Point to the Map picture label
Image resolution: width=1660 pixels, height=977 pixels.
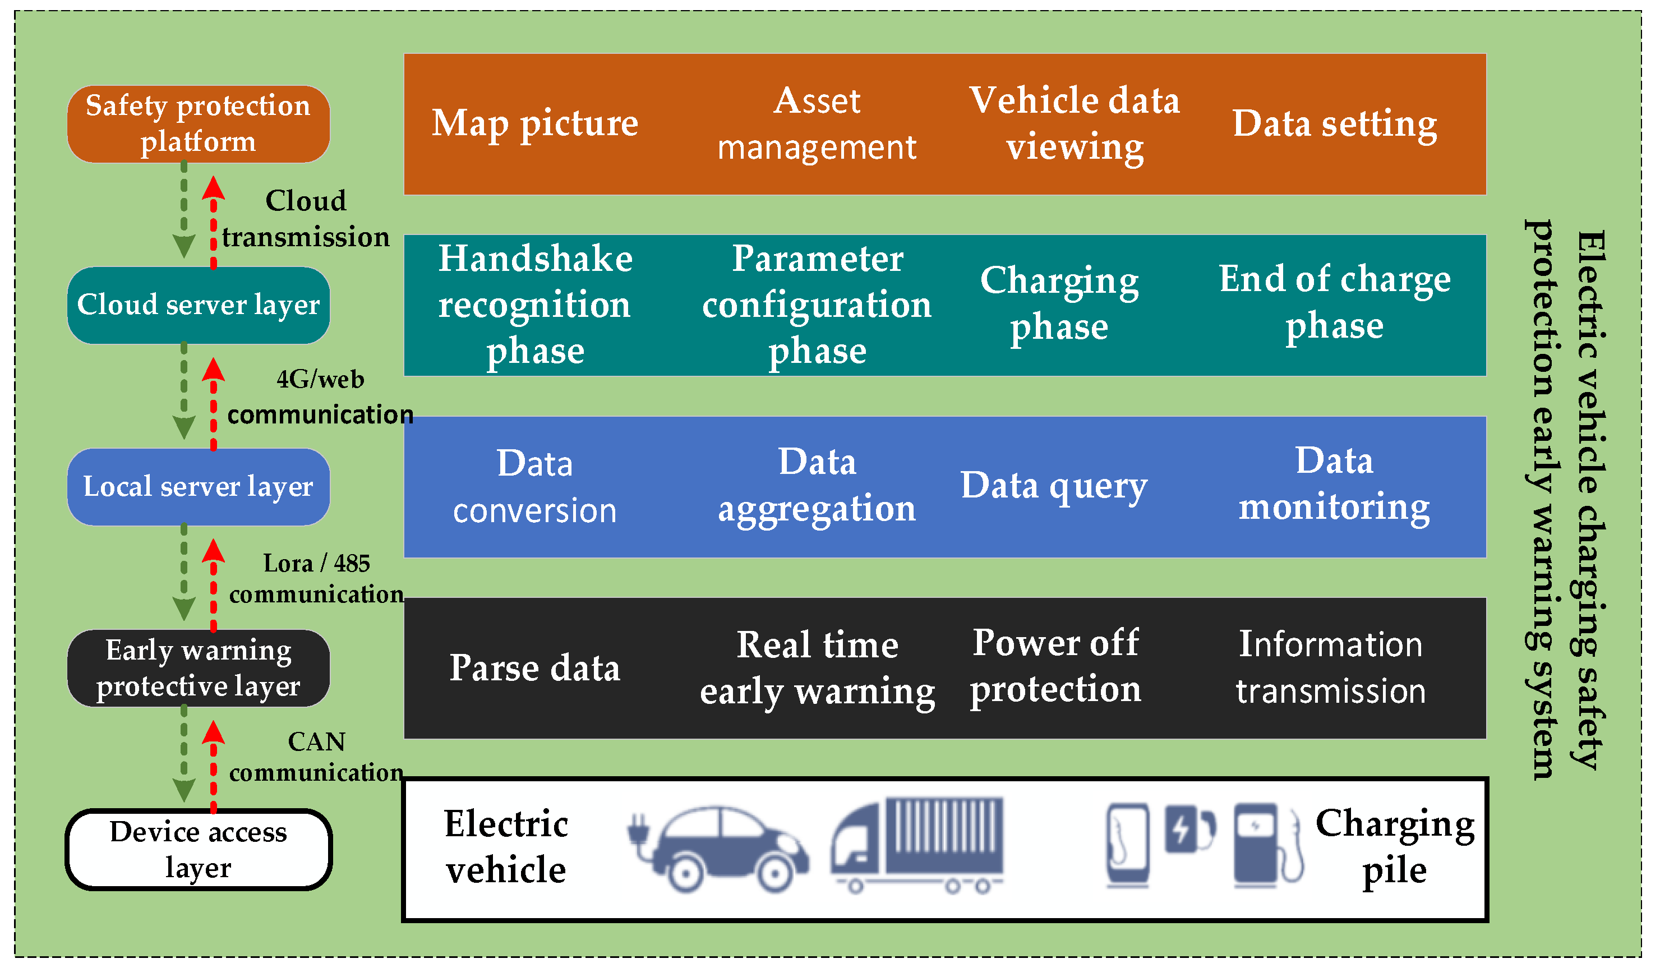pos(535,123)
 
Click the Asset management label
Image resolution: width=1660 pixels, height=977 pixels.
pos(817,124)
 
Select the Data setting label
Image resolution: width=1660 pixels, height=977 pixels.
pos(1335,124)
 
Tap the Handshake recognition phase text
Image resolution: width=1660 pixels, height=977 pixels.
pos(535,305)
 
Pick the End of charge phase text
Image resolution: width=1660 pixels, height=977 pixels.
pos(1335,302)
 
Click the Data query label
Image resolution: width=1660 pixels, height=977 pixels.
pos(1054,486)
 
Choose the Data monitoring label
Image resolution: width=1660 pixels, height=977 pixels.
pos(1335,484)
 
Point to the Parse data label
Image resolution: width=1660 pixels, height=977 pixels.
pos(535,668)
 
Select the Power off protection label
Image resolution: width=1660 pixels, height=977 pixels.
pos(1055,666)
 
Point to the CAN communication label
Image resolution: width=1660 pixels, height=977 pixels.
pos(316,757)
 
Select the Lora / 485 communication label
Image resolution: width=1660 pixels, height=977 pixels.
pos(316,578)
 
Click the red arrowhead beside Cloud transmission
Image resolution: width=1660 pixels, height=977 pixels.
pos(214,187)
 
